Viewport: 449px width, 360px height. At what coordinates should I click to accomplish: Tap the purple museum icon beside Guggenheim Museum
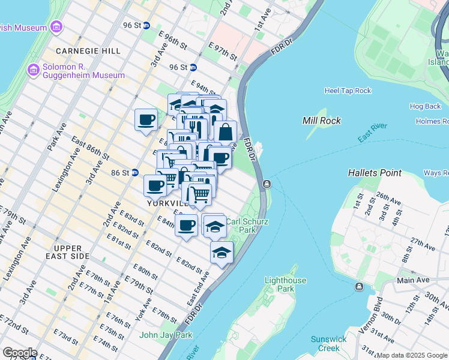pos(34,70)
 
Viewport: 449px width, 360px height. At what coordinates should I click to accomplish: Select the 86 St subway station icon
pos(135,173)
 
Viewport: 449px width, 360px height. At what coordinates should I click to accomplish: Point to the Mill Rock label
pos(322,121)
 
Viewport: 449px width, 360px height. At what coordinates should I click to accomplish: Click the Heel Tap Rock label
pos(348,91)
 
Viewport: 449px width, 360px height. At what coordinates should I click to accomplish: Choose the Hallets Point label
pos(375,173)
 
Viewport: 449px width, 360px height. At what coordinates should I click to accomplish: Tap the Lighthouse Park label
pos(286,284)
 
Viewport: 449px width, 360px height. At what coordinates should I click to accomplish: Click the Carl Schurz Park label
pos(246,225)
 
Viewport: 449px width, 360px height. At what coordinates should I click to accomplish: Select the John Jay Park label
pos(166,335)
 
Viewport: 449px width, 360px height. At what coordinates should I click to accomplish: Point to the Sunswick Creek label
pos(328,344)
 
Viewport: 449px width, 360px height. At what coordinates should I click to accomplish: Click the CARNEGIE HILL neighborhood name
pos(88,51)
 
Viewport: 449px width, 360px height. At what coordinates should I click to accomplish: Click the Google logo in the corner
pos(19,353)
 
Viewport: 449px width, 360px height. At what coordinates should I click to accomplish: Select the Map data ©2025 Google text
pos(412,355)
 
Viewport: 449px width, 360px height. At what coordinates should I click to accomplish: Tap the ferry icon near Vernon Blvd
pos(359,287)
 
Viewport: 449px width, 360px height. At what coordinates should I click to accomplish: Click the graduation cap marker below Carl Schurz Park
pos(221,253)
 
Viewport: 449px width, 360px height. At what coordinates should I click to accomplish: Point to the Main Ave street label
pos(413,280)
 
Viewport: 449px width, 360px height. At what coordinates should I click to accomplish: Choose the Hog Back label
pos(425,106)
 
